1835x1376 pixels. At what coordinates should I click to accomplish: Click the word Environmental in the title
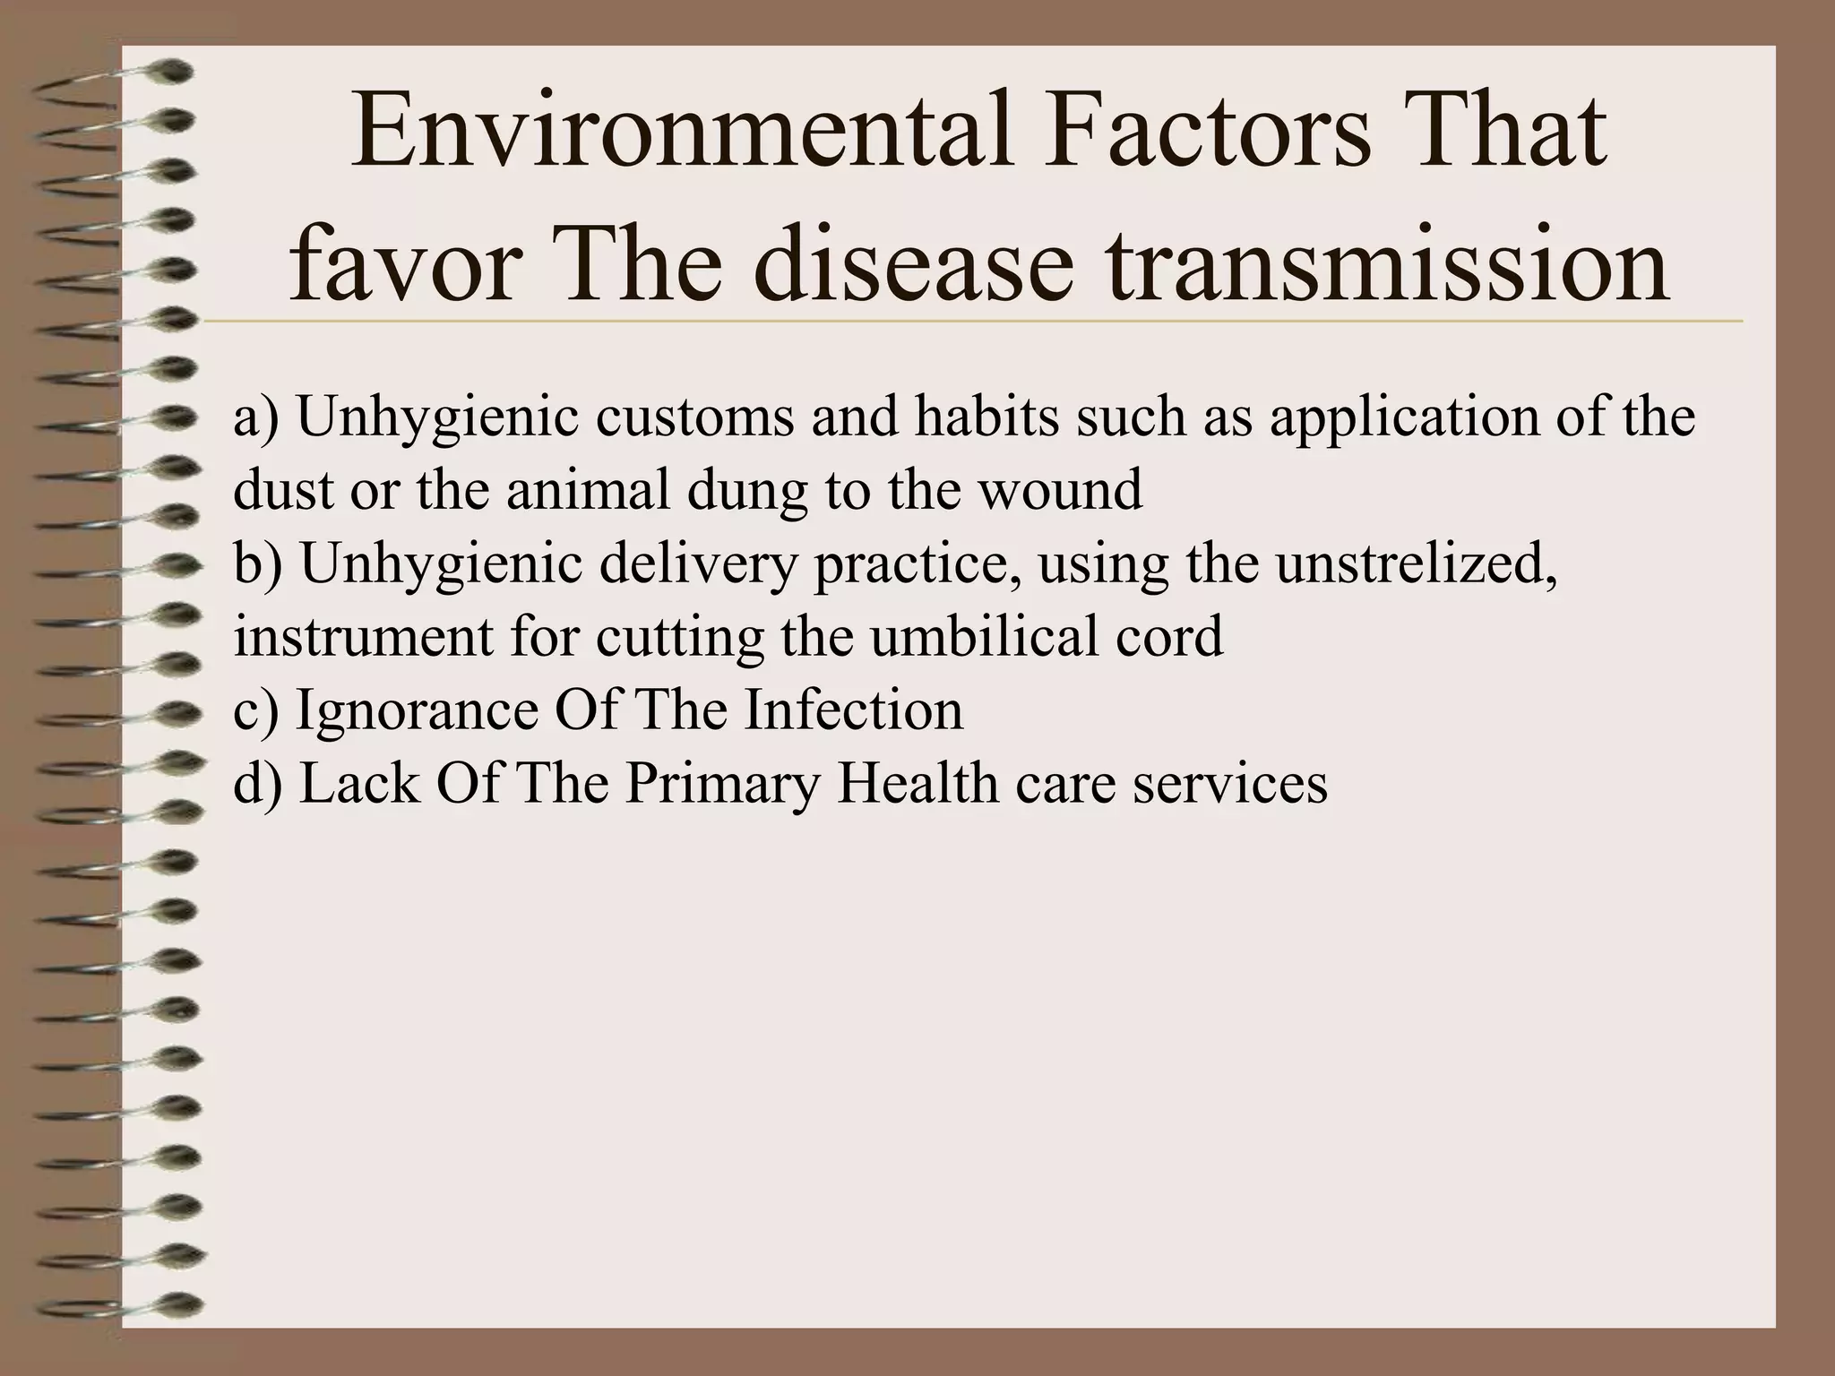tap(682, 134)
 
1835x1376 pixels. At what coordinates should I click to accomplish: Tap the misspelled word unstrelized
tap(1416, 563)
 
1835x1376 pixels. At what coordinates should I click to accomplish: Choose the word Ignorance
tap(417, 710)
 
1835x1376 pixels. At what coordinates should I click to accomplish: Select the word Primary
tap(722, 784)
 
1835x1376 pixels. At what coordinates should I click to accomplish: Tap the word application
tap(1406, 417)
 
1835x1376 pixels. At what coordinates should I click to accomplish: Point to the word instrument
tap(363, 637)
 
